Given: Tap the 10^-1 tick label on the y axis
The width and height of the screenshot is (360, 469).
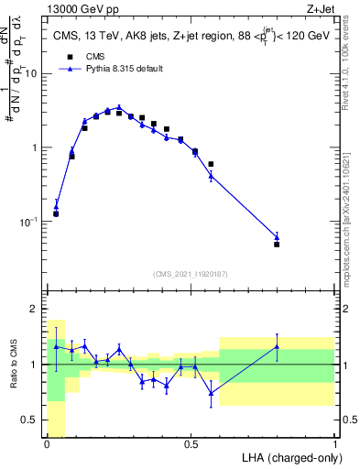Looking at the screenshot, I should point(30,223).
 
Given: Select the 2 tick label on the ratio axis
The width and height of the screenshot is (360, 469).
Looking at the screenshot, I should point(38,309).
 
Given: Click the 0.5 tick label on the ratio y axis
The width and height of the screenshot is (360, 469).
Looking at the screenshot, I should point(33,420).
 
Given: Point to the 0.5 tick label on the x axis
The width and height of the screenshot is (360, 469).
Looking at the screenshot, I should point(191,444).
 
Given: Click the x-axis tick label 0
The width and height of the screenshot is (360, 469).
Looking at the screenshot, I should point(47,444).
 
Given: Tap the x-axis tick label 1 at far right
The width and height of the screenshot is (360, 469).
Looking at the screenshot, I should point(335,444).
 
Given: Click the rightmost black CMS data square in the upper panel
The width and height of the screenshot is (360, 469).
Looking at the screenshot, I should point(277,245).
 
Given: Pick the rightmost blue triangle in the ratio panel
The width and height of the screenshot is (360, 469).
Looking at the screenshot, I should point(277,345).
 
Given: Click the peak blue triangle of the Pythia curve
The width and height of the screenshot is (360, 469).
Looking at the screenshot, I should point(119,107).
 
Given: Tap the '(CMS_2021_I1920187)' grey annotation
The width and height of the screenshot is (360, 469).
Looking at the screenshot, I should point(191,273).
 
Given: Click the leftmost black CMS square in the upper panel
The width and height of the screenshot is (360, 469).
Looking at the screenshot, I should point(56,213).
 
